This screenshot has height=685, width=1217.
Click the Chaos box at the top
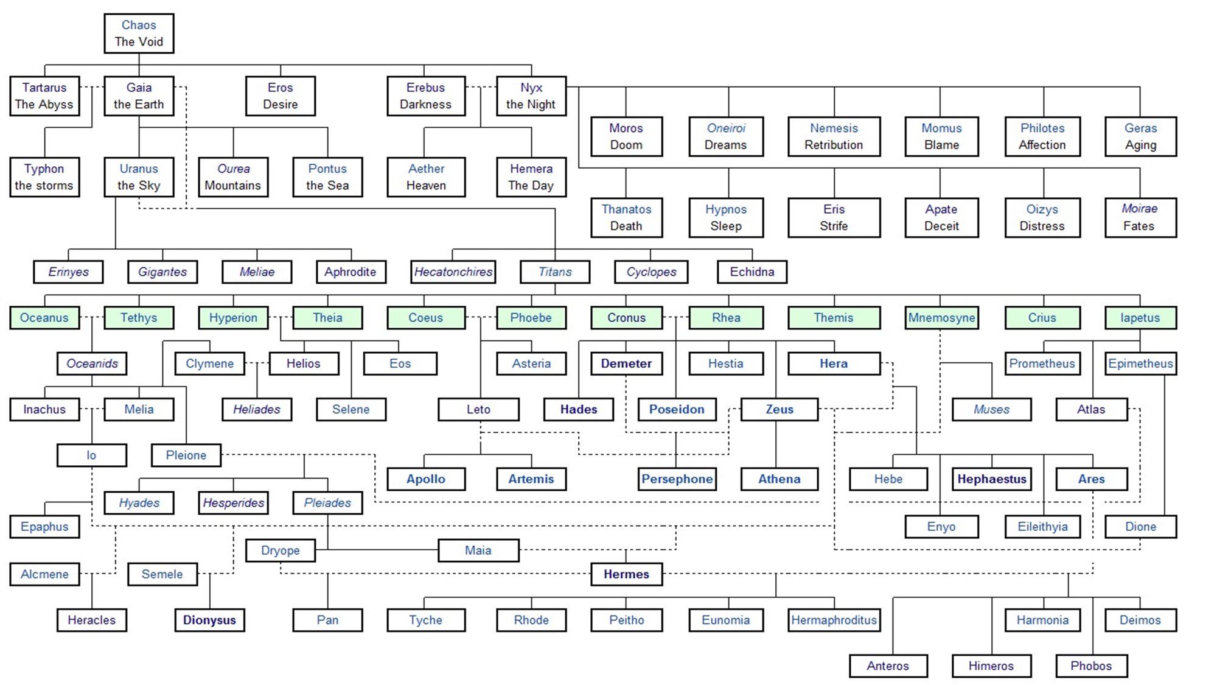139,33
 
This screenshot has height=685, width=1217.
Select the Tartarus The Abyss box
44,96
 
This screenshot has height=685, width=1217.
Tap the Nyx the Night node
531,96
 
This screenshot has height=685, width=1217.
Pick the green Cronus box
626,318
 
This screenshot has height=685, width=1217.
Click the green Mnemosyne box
941,318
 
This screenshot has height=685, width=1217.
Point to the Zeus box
779,409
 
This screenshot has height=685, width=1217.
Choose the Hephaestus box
992,479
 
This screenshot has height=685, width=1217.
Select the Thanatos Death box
626,217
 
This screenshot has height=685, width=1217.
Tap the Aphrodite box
350,272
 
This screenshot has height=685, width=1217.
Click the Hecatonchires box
453,272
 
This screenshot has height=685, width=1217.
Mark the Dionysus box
209,620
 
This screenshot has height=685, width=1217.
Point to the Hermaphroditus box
834,620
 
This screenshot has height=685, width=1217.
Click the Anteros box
888,666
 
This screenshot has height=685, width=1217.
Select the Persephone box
677,479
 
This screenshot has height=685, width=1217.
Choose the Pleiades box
327,503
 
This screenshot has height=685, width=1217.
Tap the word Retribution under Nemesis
834,145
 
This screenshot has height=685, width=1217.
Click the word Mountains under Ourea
232,185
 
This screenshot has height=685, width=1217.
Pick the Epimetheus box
1140,364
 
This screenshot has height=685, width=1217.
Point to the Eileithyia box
1042,527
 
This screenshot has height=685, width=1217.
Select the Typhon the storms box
44,177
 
